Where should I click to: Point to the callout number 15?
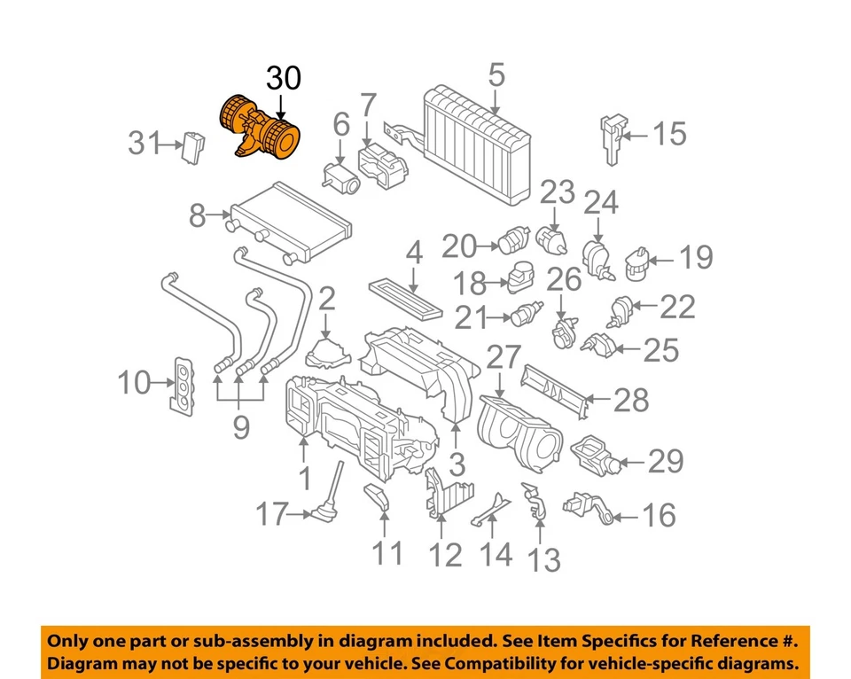669,134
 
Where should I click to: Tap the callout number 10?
136,384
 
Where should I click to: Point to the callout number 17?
272,513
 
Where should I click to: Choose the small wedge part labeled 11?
377,500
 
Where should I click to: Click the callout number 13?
544,559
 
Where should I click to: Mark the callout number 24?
600,205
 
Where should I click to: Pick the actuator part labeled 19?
635,262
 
